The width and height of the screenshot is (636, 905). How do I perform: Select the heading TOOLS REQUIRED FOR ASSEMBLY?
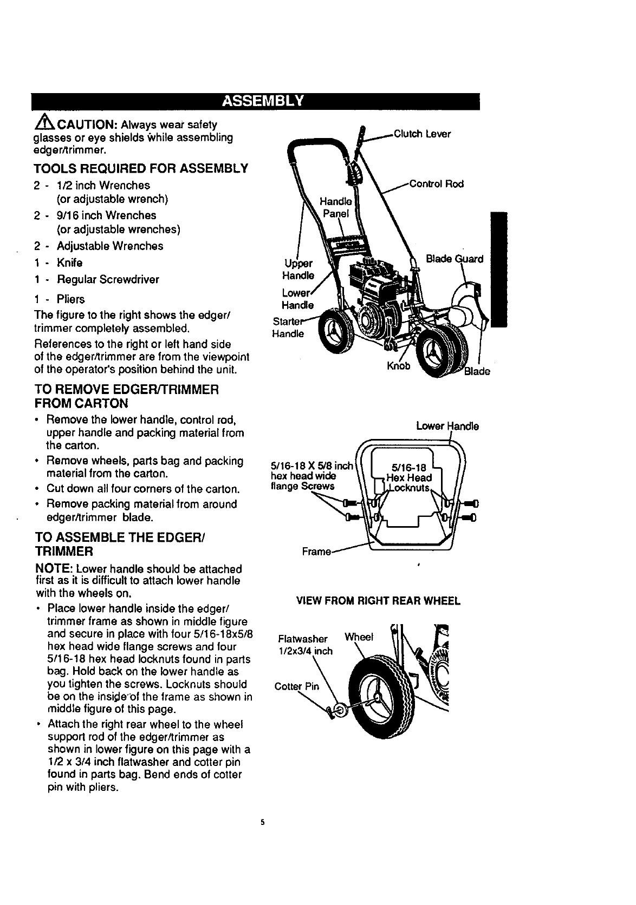pos(141,168)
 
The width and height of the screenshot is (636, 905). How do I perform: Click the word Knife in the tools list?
pos(69,263)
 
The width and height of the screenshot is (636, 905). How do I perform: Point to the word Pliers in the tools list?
pos(71,299)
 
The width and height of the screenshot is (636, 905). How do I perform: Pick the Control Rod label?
pos(437,183)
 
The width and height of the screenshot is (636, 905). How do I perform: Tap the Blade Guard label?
pos(455,259)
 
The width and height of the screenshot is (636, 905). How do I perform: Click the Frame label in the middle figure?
pos(316,552)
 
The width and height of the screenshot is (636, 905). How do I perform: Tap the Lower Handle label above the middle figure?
pos(447,426)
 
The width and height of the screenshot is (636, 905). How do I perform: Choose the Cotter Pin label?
pos(297,687)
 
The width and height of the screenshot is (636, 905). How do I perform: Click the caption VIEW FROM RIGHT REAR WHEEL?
pos(378,601)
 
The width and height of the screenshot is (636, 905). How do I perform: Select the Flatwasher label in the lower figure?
pos(302,639)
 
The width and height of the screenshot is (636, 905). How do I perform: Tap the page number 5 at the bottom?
pos(262,823)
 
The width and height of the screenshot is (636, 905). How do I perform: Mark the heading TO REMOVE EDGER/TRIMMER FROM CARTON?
pos(127,396)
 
